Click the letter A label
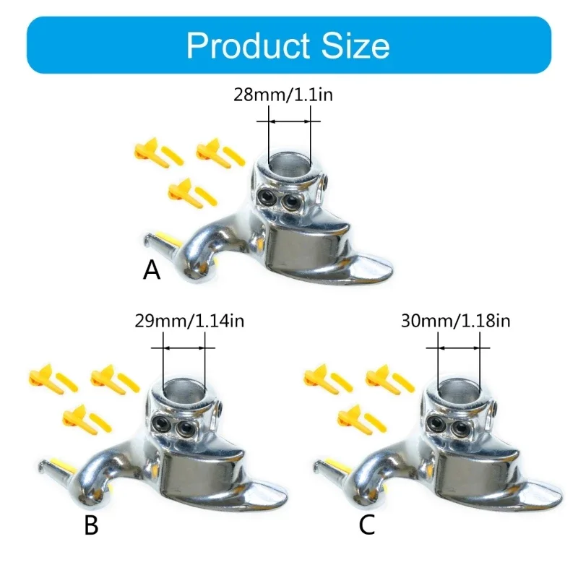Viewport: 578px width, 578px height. [x=151, y=270]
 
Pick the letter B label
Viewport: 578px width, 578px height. [x=91, y=525]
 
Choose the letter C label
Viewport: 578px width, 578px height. [x=367, y=525]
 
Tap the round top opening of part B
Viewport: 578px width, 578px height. [x=184, y=389]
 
